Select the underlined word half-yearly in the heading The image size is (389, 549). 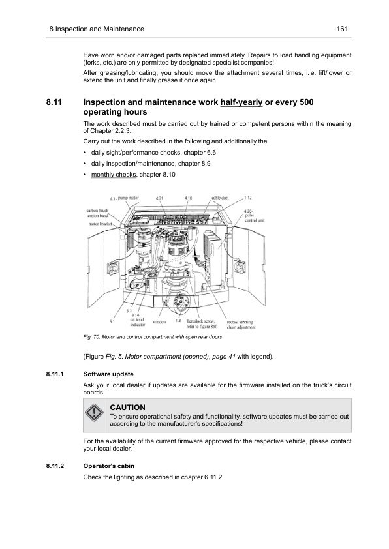pos(246,102)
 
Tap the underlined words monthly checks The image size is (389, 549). pos(108,175)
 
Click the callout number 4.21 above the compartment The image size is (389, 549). pos(160,198)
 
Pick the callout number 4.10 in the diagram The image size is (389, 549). pos(188,198)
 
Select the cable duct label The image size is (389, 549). pos(221,198)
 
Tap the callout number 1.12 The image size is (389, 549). pos(249,198)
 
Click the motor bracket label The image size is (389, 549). pos(101,224)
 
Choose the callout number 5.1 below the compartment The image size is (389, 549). pos(112,321)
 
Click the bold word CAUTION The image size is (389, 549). pos(128,407)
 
